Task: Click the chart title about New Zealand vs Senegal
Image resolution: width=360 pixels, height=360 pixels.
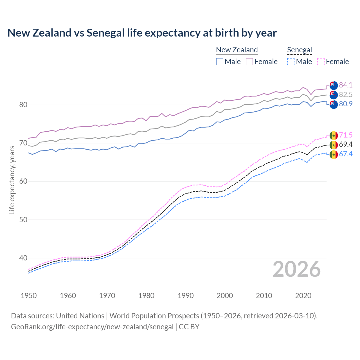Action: click(x=142, y=33)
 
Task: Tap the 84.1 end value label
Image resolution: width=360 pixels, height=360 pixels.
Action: click(x=346, y=85)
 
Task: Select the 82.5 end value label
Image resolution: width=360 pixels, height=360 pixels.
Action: click(x=346, y=94)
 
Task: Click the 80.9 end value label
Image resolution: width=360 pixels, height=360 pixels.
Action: click(x=346, y=104)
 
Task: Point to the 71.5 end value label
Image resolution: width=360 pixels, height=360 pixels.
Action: click(x=346, y=135)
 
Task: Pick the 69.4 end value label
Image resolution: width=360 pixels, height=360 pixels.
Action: click(x=346, y=145)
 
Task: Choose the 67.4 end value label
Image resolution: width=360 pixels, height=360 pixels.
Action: click(x=346, y=154)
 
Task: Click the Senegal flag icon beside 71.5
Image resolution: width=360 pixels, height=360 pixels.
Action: click(x=334, y=136)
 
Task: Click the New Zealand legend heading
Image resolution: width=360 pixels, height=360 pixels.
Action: click(x=237, y=50)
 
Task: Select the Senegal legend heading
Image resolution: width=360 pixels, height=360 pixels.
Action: click(x=300, y=50)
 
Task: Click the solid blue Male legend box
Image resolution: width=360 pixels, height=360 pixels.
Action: click(x=220, y=62)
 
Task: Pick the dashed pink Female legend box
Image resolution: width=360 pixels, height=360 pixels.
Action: click(x=321, y=62)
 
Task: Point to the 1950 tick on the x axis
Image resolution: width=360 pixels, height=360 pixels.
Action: click(x=29, y=296)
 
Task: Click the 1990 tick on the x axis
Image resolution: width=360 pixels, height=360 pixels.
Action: click(x=186, y=296)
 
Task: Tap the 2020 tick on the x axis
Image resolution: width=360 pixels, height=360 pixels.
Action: click(x=303, y=296)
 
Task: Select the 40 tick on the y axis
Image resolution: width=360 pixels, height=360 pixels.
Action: click(x=23, y=258)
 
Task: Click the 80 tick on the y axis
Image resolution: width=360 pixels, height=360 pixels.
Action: click(x=23, y=105)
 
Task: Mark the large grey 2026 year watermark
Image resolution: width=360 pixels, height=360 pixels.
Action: click(x=297, y=269)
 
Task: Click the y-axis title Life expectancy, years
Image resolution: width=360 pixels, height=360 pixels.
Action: click(x=12, y=180)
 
